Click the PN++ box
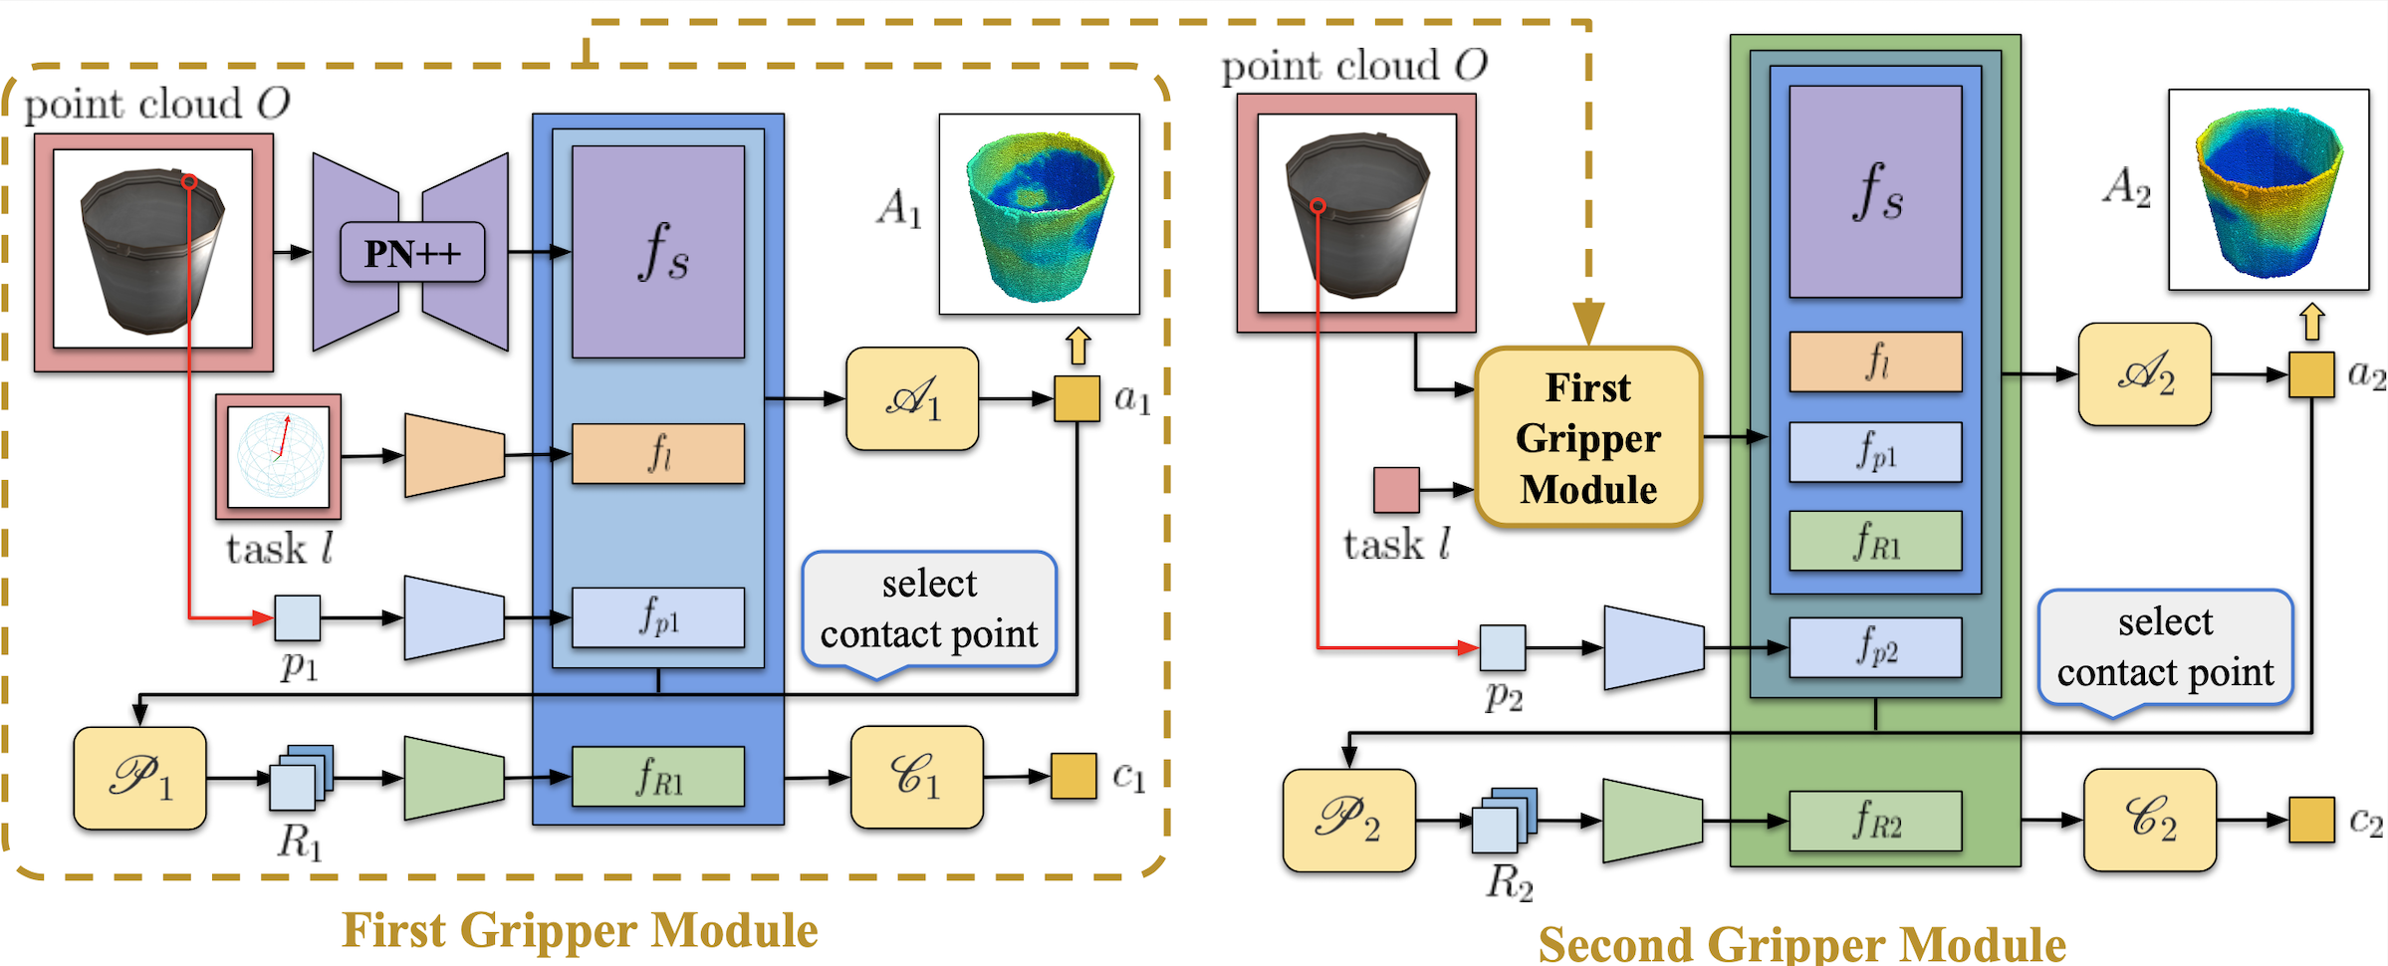[x=412, y=253]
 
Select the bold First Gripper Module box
[x=1587, y=437]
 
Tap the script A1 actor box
[x=911, y=398]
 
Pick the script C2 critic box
[x=2149, y=820]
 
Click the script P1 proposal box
[x=139, y=778]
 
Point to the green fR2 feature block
[x=1875, y=821]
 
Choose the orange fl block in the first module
[x=657, y=454]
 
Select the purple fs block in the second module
[x=1875, y=191]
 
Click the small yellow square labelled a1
[x=1076, y=398]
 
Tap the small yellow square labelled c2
[x=2310, y=820]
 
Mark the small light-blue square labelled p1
[x=297, y=617]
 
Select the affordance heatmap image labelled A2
[x=2269, y=189]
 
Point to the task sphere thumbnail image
[x=279, y=456]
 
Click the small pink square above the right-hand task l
[x=1396, y=490]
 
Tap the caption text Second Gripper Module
[x=1801, y=943]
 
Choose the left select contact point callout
[x=928, y=609]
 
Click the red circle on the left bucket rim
[x=189, y=182]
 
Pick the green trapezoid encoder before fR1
[x=453, y=778]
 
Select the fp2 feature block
[x=1875, y=647]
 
